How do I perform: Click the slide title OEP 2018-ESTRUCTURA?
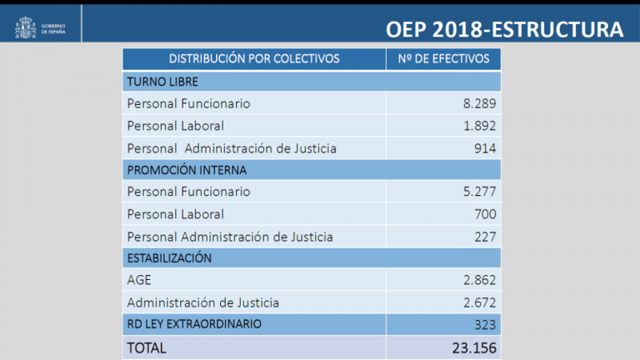505,29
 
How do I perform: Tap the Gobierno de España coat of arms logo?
23,29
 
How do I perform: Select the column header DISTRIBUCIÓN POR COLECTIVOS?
254,59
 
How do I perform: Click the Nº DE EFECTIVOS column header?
443,59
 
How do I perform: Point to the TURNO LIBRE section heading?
162,82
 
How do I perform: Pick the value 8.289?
479,104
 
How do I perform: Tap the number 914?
484,148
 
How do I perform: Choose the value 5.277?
479,192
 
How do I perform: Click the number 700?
484,214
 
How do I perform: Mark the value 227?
484,237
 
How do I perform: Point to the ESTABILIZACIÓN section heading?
169,258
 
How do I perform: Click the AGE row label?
139,281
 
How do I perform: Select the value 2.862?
479,281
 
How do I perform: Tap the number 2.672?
479,302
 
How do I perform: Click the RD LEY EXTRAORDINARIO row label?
194,323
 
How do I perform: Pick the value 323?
484,324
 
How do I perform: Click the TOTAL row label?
147,347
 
